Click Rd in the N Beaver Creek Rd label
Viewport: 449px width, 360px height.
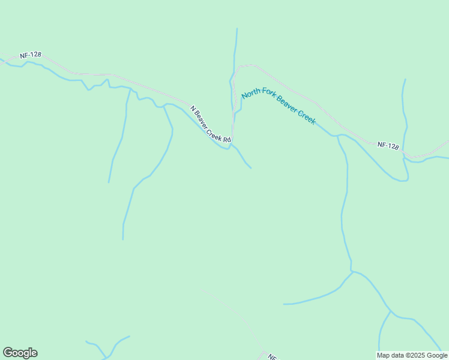point(227,140)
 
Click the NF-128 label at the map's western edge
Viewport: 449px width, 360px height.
point(31,55)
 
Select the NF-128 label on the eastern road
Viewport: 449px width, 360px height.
point(388,146)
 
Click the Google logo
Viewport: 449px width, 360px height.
point(20,353)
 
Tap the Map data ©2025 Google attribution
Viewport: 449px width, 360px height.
point(412,355)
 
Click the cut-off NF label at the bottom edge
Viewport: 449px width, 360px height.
point(271,356)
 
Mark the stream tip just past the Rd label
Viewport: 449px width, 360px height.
point(251,168)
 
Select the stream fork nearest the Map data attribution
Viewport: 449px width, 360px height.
point(391,311)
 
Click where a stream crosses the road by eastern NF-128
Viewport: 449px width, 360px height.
point(403,152)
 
